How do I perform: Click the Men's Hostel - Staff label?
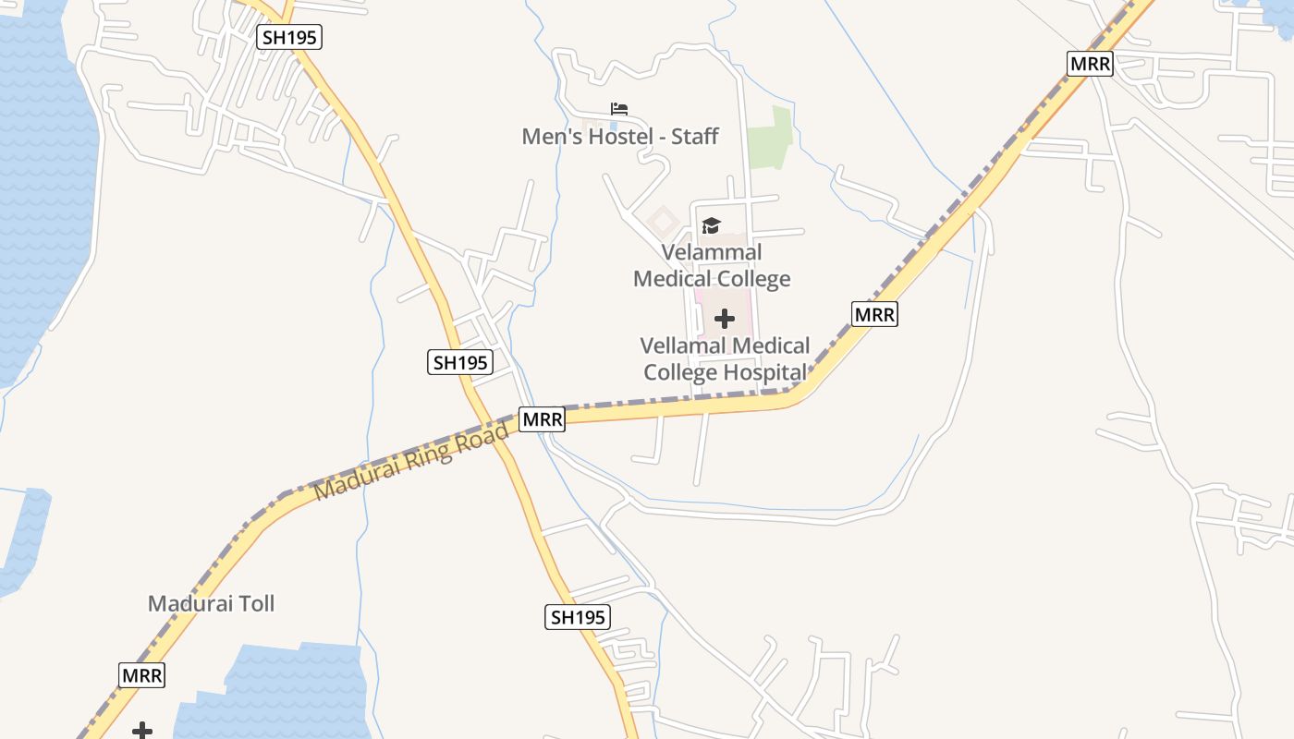619,137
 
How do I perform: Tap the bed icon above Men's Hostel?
619,109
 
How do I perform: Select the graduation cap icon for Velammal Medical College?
711,225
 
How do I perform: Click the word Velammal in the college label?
712,252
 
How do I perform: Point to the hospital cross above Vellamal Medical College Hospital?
725,319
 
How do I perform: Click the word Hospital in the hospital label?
763,372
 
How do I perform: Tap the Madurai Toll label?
211,604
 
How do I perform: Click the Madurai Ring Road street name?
412,460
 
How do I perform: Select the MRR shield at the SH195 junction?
542,419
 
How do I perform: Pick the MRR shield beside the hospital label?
874,314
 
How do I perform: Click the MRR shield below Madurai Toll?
142,675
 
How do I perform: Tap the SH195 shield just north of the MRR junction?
460,362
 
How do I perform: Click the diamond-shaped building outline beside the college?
662,221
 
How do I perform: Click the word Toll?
254,604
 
